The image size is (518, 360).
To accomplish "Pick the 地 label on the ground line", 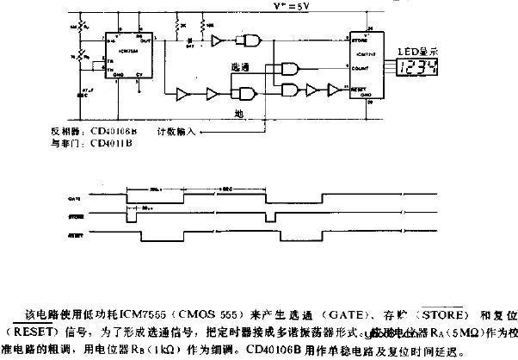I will click(x=246, y=112).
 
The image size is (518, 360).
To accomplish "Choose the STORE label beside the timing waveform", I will click(x=75, y=216).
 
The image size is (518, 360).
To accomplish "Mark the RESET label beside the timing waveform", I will click(x=75, y=235).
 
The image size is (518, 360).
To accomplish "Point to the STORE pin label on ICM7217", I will click(x=361, y=39).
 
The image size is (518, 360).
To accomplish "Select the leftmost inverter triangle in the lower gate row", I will click(x=182, y=92).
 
